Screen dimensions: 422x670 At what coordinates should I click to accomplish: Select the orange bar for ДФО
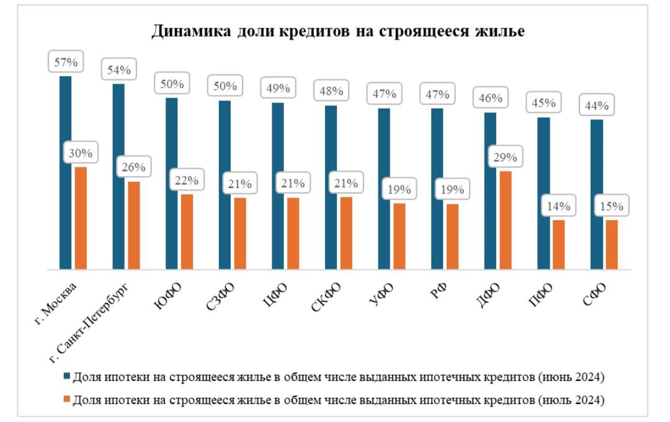pyautogui.click(x=506, y=220)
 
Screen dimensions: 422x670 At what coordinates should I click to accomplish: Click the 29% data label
pyautogui.click(x=505, y=156)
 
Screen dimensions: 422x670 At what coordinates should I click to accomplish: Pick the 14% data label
pyautogui.click(x=558, y=206)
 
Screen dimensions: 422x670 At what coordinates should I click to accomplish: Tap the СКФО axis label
pyautogui.click(x=327, y=299)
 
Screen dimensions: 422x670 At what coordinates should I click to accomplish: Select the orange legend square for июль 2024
pyautogui.click(x=66, y=400)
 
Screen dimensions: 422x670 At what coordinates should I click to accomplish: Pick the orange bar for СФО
pyautogui.click(x=612, y=245)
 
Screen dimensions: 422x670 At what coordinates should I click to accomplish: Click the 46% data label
pyautogui.click(x=490, y=98)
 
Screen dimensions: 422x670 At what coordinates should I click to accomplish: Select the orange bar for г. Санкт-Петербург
pyautogui.click(x=133, y=226)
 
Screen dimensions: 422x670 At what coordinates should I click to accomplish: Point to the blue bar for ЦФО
pyautogui.click(x=278, y=186)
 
